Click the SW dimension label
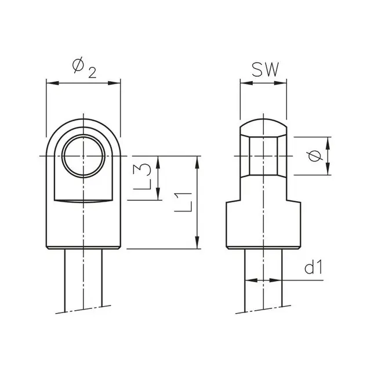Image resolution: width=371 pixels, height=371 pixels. [264, 70]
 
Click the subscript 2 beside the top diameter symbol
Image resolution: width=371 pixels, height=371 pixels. [92, 72]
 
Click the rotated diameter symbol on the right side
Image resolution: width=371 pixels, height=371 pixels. [315, 155]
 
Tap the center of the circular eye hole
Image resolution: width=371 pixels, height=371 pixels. [83, 156]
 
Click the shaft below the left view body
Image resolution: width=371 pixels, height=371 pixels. [83, 278]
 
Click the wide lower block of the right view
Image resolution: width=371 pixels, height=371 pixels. [264, 223]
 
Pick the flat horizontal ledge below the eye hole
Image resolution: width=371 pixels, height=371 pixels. [83, 201]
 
